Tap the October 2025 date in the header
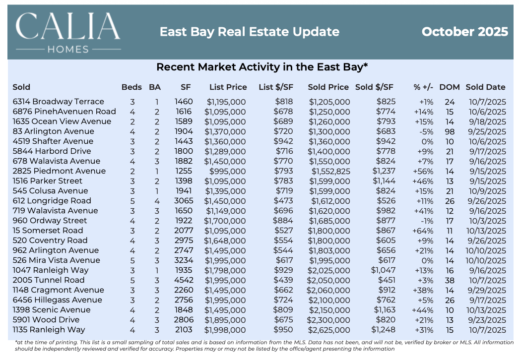464,32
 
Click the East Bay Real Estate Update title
249,32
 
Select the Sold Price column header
328,87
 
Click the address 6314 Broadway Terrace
58,102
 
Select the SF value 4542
184,280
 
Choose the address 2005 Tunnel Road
49,280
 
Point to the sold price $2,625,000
328,330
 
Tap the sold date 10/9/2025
485,191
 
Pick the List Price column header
228,87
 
